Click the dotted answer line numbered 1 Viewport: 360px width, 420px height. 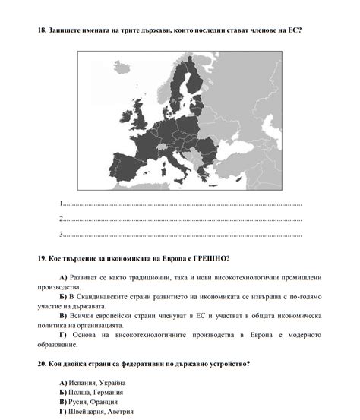tap(182, 205)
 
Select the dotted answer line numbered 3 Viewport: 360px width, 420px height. tap(182, 235)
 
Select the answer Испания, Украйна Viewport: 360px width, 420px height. tap(97, 382)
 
